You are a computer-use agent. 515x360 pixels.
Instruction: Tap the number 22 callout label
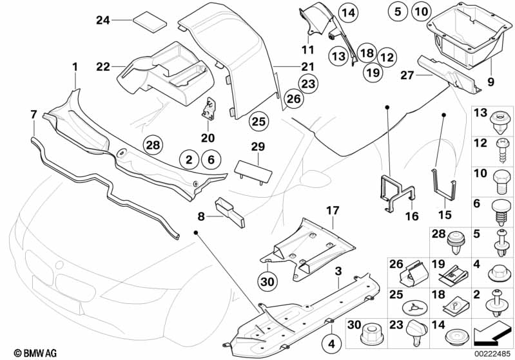[103, 66]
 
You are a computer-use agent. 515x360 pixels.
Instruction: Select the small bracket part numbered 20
[209, 109]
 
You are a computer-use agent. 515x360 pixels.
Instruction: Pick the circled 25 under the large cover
[258, 120]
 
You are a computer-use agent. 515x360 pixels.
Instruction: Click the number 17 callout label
[332, 210]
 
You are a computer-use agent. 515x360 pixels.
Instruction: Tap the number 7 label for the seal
[34, 115]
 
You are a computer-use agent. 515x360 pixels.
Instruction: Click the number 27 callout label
[407, 75]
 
